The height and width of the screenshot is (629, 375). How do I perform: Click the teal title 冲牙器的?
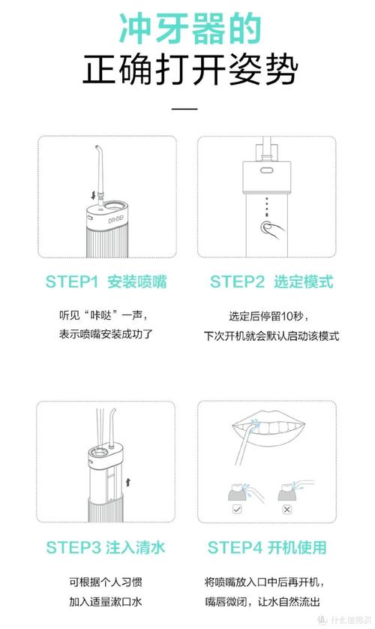(x=190, y=28)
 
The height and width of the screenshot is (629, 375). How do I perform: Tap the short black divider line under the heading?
(x=184, y=108)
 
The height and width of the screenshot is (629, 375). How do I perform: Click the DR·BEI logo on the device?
(x=115, y=219)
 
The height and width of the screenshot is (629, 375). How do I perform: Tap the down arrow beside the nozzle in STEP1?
(x=93, y=195)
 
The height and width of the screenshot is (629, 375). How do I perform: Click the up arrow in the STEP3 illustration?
(x=128, y=482)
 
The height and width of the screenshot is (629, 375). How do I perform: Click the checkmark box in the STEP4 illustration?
(x=237, y=510)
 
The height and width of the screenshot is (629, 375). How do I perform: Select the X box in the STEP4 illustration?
(x=286, y=510)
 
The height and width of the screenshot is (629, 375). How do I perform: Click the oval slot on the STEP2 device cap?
(x=266, y=170)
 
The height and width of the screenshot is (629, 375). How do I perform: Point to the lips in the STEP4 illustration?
(x=268, y=429)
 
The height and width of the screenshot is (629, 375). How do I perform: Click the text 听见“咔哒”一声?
(x=103, y=315)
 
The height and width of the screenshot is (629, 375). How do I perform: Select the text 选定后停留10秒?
(x=268, y=316)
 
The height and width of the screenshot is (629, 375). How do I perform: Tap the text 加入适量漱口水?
(x=105, y=602)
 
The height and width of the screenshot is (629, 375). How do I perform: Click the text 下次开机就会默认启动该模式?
(x=271, y=336)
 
